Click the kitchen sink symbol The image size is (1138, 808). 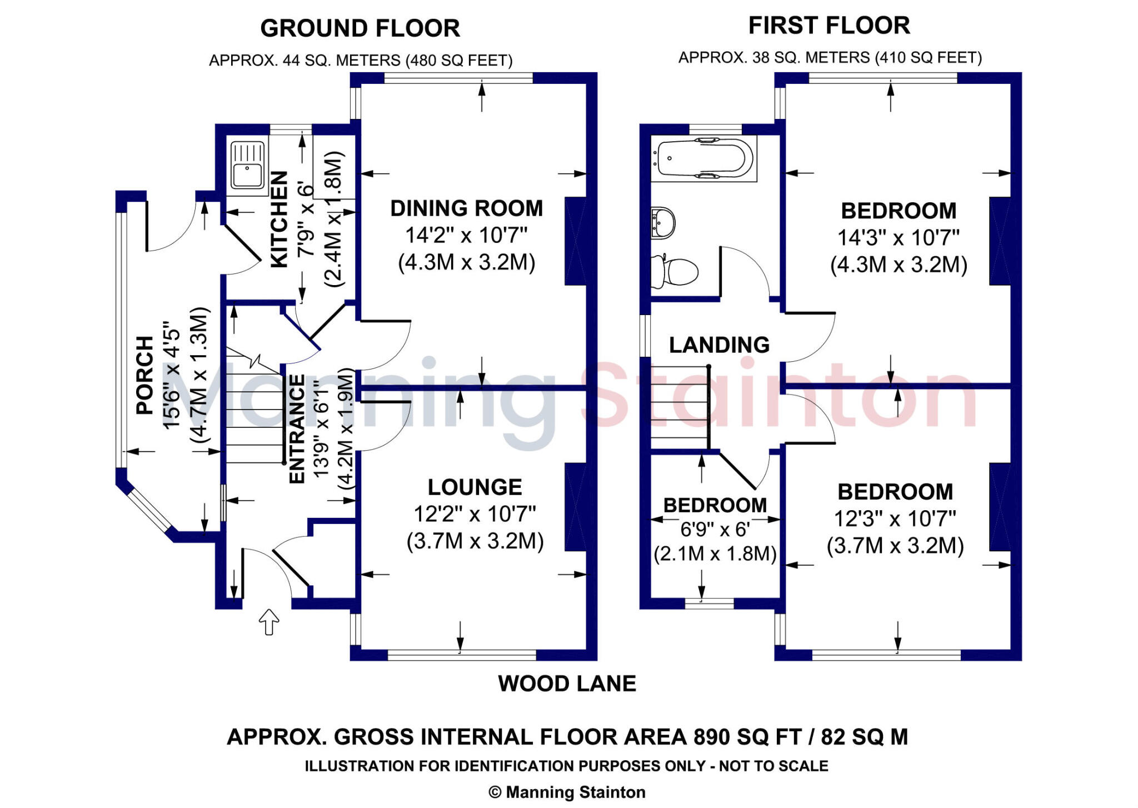247,165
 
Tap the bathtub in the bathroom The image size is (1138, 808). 703,158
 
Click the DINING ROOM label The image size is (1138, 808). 466,208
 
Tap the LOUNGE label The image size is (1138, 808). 475,487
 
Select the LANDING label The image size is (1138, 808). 719,345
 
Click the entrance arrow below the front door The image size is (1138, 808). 269,622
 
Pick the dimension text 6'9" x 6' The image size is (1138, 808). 715,530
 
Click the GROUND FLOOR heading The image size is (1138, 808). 360,28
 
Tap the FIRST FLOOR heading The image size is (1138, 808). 829,26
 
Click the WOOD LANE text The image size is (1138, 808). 567,684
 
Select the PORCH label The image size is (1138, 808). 145,375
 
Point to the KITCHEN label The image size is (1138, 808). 279,220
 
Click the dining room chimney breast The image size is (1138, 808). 575,241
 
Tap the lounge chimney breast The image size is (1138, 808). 575,507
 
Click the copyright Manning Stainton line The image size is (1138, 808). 567,792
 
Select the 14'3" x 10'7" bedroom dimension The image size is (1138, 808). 898,238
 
